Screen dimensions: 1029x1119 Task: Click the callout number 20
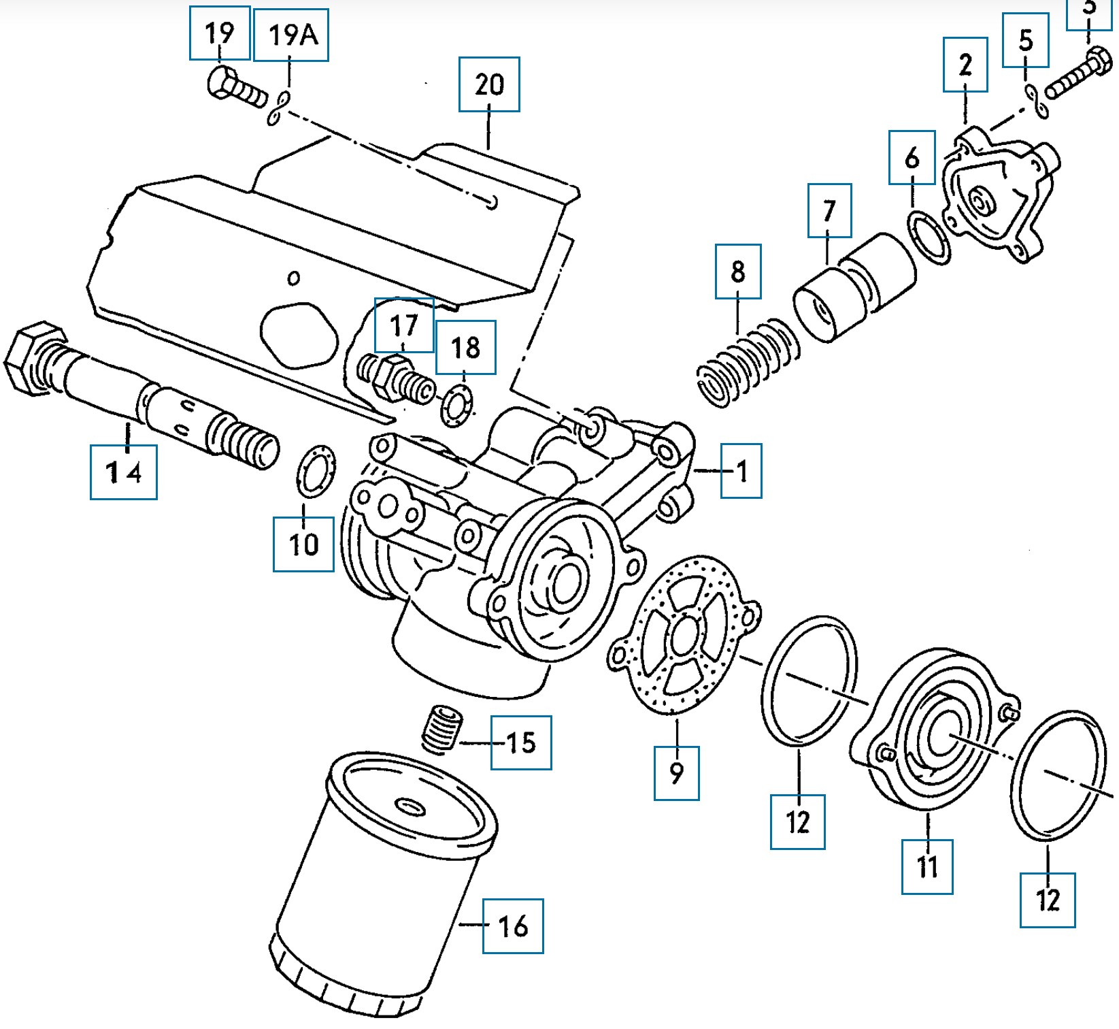point(489,84)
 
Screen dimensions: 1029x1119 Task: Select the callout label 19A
point(291,35)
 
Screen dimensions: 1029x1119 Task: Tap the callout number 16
point(513,926)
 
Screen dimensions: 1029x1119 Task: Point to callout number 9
point(676,772)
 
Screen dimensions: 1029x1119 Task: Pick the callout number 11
point(927,866)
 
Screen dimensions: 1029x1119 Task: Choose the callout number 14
point(124,472)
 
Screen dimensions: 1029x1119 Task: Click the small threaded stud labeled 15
point(442,729)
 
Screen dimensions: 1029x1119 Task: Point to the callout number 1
point(741,470)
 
